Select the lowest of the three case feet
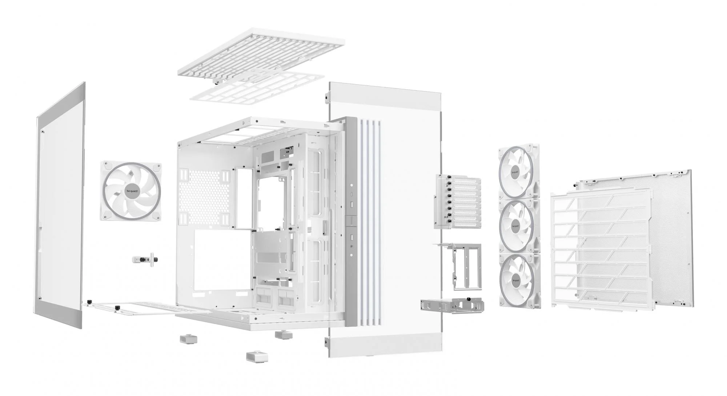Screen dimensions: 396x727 [x=257, y=356]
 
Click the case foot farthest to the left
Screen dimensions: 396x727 [x=189, y=339]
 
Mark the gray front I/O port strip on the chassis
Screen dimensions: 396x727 [x=352, y=222]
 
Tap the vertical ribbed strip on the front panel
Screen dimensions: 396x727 [x=369, y=222]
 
